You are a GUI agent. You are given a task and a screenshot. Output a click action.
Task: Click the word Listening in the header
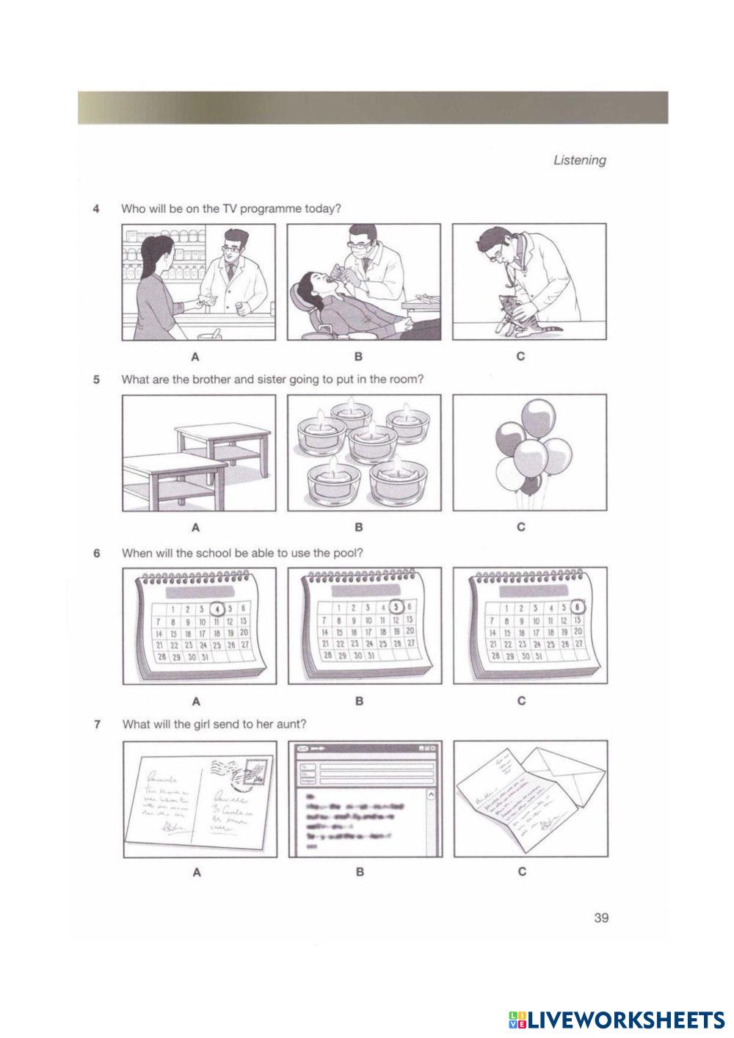pos(579,160)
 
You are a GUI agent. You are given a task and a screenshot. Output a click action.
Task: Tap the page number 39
pos(601,917)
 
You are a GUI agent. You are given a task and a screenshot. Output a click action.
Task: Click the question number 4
pos(96,208)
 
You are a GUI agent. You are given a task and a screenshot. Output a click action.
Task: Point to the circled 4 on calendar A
pos(217,609)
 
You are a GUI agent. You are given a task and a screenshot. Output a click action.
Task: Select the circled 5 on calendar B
pos(396,607)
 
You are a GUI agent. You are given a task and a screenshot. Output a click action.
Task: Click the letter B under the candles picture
pos(359,527)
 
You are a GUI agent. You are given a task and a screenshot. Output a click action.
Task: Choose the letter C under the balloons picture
pos(520,527)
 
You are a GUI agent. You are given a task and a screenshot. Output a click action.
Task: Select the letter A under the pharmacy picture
pos(195,358)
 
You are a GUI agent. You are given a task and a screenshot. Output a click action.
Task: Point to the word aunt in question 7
pos(291,724)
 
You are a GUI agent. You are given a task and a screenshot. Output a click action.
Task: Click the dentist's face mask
pos(359,250)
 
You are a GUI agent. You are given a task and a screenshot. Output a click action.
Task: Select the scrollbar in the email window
pos(430,819)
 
